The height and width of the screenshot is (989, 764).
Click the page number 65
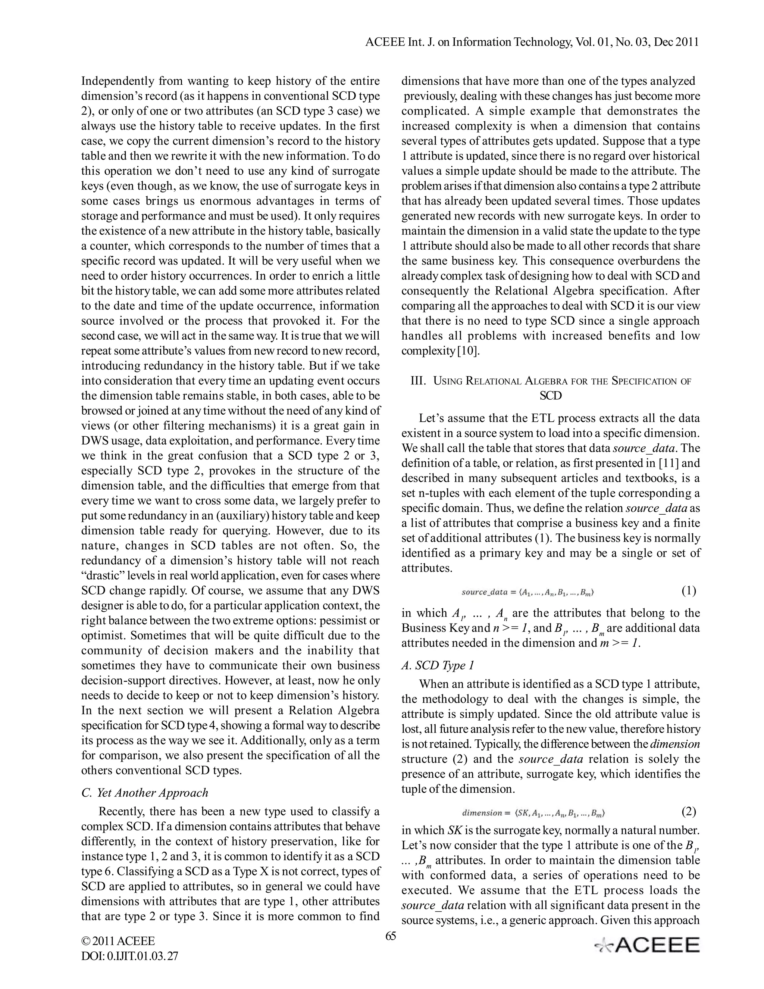tap(391, 936)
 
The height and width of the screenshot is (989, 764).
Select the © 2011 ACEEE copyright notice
tap(118, 941)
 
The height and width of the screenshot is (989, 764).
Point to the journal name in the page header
tap(532, 42)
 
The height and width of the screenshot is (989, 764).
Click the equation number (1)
tap(688, 590)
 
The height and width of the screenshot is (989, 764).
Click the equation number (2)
tap(688, 812)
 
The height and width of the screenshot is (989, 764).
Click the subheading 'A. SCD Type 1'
tap(438, 665)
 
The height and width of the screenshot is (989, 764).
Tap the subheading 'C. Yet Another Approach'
tap(145, 792)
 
